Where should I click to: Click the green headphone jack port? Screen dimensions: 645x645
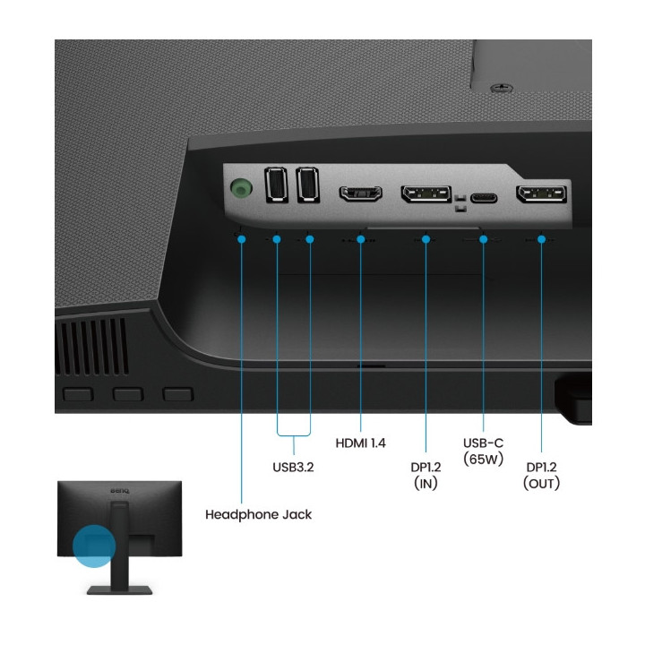tap(240, 189)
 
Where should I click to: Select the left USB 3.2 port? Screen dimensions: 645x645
tap(276, 186)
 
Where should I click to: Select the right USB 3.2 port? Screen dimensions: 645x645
tap(308, 186)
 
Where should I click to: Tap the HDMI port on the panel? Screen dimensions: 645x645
tap(360, 193)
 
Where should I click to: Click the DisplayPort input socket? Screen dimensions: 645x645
tap(426, 193)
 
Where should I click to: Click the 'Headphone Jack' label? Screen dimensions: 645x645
tap(258, 515)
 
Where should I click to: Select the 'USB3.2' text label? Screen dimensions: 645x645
tap(293, 466)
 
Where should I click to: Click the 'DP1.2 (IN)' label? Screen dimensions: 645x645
tap(426, 474)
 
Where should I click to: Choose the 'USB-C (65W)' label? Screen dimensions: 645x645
tap(484, 451)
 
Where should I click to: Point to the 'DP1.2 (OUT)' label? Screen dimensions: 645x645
tap(541, 474)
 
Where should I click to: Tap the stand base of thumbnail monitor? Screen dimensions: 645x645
tap(119, 589)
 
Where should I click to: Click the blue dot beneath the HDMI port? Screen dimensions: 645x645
tap(360, 239)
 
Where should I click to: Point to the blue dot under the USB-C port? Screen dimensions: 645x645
tap(484, 239)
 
